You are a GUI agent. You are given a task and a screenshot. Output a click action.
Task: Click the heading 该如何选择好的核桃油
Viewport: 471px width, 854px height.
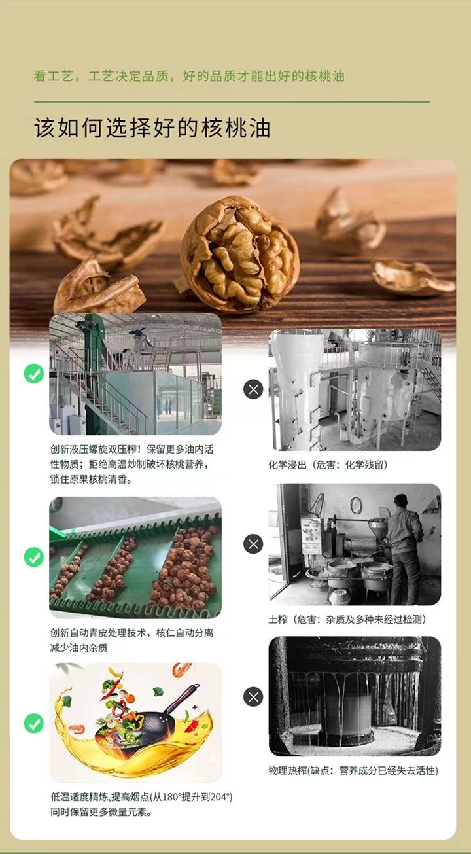point(152,128)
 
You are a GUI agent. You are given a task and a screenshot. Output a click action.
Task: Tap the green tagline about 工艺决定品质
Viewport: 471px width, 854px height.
point(189,77)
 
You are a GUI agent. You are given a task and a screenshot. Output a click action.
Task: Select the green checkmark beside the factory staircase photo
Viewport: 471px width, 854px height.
point(34,374)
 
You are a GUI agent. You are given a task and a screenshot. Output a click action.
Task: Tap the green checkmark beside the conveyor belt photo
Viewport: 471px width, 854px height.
point(34,557)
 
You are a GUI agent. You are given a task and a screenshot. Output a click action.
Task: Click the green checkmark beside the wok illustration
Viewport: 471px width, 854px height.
point(34,723)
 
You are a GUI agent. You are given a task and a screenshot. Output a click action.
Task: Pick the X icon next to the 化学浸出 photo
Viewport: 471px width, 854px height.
point(253,389)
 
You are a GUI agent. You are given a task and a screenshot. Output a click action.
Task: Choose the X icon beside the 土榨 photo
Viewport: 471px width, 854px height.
point(253,544)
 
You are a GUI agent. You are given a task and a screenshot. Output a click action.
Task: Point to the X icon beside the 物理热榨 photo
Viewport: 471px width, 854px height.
point(253,698)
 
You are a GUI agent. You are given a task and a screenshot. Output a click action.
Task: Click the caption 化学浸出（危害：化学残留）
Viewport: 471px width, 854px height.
point(328,465)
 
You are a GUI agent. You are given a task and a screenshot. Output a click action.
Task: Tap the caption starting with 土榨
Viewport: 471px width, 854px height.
point(347,620)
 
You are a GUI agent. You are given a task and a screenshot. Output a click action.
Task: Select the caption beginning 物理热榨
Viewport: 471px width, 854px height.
point(353,770)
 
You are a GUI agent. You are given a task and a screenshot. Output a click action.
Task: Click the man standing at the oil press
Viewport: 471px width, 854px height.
point(405,549)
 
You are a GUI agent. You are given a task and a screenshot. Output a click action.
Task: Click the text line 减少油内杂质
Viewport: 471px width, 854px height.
point(79,648)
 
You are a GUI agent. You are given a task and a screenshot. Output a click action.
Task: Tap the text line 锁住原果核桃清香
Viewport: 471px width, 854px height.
point(91,480)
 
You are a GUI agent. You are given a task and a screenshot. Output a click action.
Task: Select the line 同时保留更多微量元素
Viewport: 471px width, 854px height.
point(101,812)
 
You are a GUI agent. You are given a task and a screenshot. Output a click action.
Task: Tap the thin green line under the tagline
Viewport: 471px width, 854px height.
point(232,102)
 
